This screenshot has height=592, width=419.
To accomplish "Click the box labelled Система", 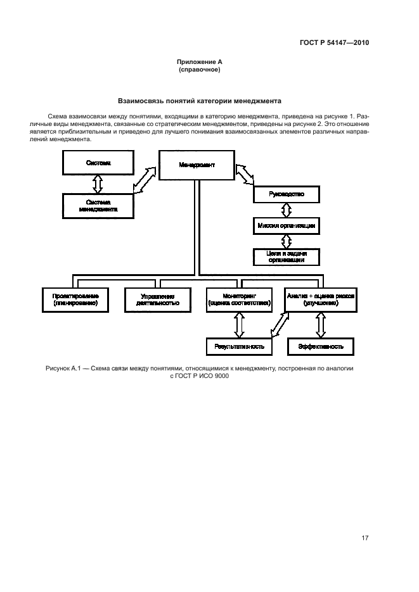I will [98, 163].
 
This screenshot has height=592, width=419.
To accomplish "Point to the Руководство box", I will [287, 194].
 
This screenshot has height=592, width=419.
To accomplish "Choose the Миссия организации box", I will [287, 225].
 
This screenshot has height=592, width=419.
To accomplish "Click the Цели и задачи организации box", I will [287, 256].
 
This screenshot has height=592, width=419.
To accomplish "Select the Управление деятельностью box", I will [157, 299].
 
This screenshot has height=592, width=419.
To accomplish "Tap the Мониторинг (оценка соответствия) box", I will [238, 299].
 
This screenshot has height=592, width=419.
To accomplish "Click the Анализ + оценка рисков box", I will [321, 299].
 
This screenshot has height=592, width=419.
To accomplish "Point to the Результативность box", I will [239, 347].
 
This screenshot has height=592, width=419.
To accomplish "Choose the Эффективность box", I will [321, 347].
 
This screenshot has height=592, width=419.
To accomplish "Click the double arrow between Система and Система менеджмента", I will [98, 184].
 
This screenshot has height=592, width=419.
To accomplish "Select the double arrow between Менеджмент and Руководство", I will [244, 175].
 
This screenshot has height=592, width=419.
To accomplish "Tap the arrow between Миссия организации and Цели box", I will [287, 241].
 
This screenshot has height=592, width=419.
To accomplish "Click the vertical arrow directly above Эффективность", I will [321, 325].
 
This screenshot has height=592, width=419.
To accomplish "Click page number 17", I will [364, 538].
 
